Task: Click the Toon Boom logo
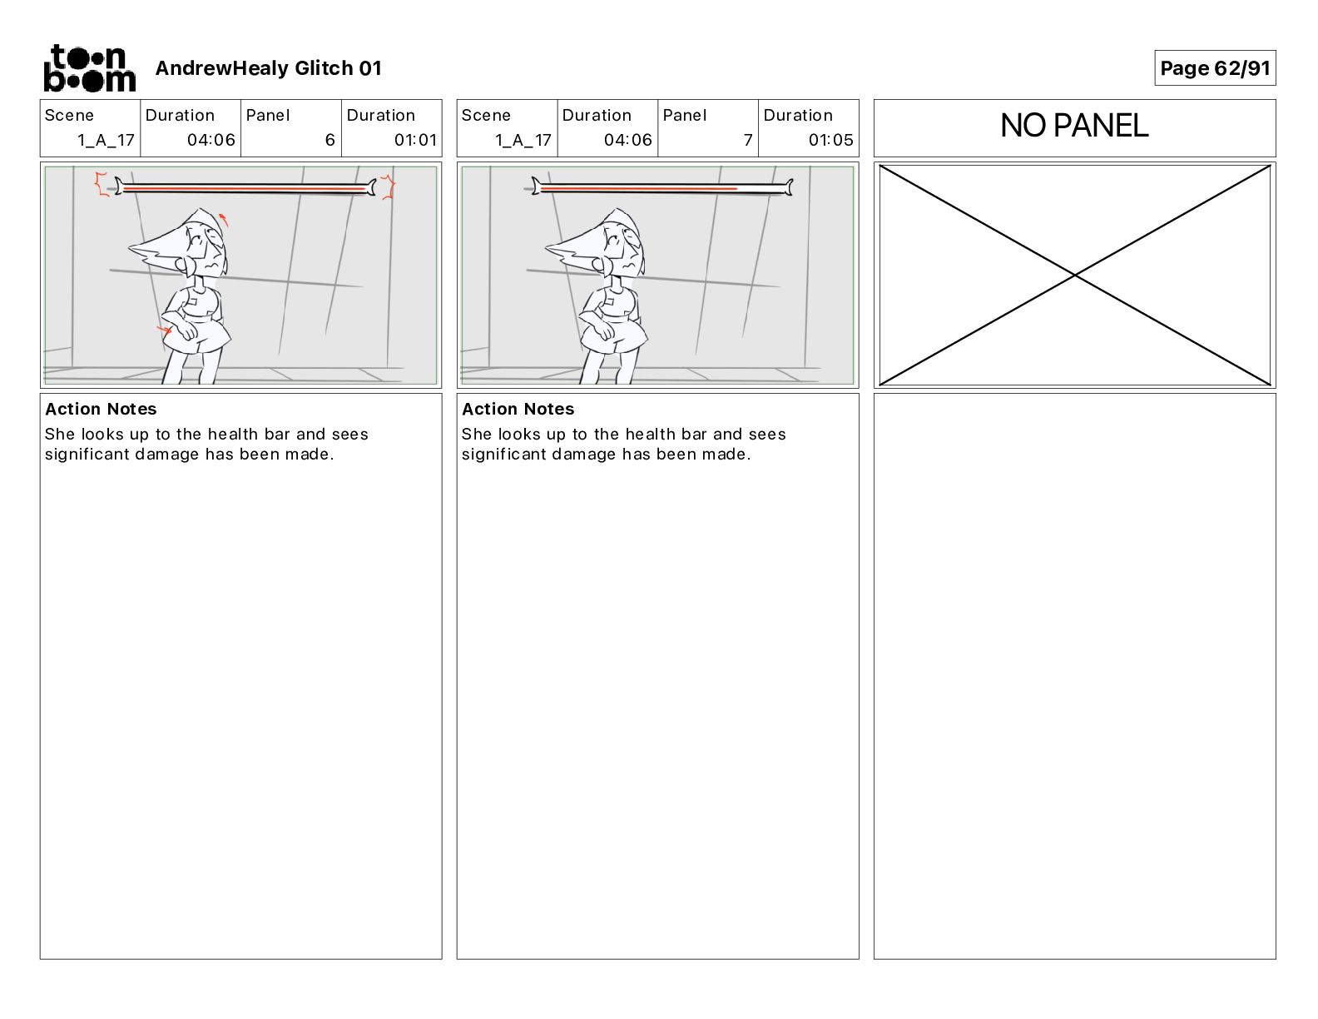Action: click(89, 67)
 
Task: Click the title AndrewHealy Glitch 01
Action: click(268, 68)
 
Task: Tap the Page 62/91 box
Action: click(1214, 68)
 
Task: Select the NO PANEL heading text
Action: click(1073, 126)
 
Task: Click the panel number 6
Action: click(329, 140)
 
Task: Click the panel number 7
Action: click(747, 140)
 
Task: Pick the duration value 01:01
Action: click(415, 140)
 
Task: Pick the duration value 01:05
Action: click(830, 140)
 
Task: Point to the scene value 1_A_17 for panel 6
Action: click(106, 140)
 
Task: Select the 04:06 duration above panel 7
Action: click(628, 140)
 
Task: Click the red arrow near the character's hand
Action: click(163, 331)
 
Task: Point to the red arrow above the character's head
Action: click(223, 220)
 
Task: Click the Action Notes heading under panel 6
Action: click(101, 409)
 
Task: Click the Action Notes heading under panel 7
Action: click(518, 409)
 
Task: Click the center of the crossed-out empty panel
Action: click(1074, 275)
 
